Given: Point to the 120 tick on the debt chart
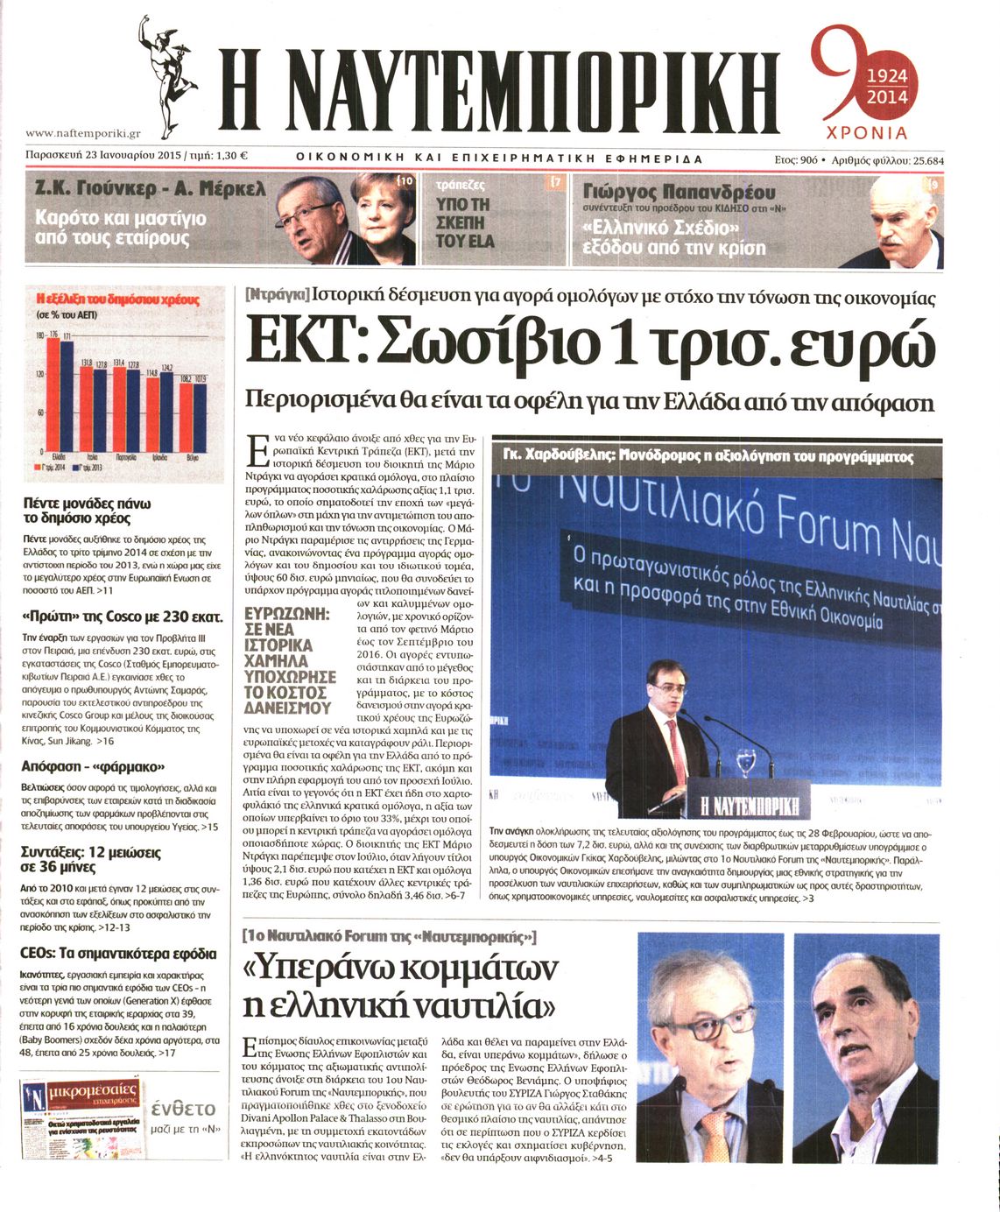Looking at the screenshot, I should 39,373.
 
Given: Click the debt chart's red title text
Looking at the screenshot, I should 118,299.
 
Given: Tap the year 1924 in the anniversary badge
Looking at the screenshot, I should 886,77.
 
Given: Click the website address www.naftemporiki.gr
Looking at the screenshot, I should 83,133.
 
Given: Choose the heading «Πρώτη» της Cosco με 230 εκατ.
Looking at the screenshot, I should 122,616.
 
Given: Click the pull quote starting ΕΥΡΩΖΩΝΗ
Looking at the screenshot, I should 289,660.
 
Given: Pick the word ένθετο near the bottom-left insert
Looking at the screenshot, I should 183,1107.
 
